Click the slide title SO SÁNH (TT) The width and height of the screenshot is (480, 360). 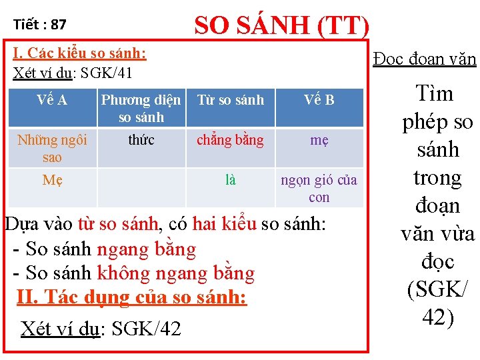pos(281,25)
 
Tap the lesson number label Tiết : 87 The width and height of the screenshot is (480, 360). pos(40,25)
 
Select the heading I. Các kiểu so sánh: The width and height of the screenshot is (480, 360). pos(81,53)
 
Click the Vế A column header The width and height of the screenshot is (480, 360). pos(51,100)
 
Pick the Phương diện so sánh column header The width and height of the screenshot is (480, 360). pos(141,109)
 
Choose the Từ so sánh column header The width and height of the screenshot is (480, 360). pos(230,100)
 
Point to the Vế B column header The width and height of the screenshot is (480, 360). pos(319,100)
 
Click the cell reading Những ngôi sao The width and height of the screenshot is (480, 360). pos(51,149)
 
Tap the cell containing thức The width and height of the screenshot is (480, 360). pos(141,140)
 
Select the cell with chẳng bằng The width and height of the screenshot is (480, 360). pos(230,140)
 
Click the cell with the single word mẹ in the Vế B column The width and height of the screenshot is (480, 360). pos(319,140)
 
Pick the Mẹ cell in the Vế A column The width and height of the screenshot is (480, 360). pos(51,180)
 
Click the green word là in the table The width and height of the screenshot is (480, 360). pos(230,180)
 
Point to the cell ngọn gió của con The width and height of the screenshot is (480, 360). pos(319,189)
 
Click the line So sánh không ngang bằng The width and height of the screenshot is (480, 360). pos(133,273)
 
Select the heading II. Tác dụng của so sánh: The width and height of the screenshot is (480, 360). pos(131,297)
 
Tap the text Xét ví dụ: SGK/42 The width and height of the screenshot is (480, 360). pos(101,328)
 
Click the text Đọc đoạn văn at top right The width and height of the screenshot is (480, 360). pos(425,59)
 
